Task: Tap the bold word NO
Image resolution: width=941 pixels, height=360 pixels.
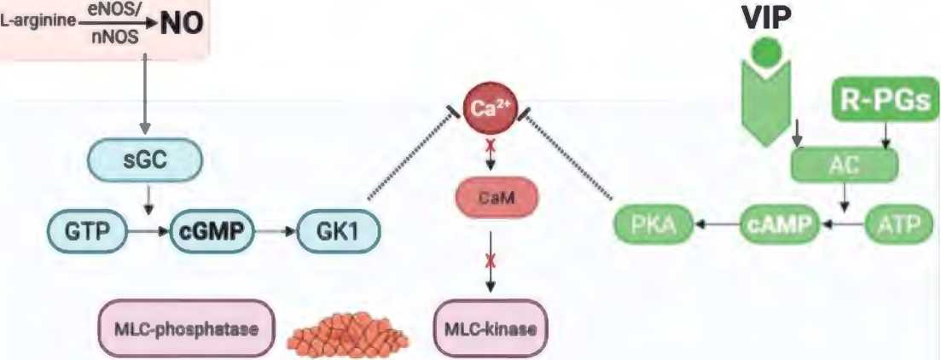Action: [x=181, y=23]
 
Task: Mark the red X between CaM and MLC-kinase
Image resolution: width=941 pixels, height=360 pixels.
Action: [x=490, y=260]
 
